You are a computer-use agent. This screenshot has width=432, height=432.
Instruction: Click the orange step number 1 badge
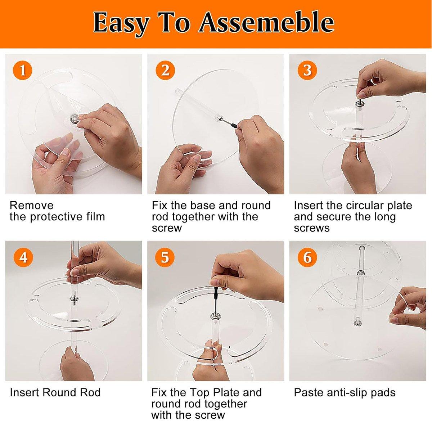[23, 71]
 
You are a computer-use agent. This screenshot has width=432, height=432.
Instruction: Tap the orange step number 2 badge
[165, 71]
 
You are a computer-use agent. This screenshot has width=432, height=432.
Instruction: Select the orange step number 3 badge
[307, 71]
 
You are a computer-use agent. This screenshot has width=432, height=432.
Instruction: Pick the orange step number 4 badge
[23, 258]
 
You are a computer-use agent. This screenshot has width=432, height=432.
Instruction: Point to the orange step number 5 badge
[165, 258]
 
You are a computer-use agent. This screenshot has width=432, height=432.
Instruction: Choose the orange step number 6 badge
[307, 258]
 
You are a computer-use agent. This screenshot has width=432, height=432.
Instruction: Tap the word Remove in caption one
[31, 206]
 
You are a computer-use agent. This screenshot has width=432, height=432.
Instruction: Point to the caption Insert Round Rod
[55, 392]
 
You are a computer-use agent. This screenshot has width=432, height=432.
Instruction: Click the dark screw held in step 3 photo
[360, 98]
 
